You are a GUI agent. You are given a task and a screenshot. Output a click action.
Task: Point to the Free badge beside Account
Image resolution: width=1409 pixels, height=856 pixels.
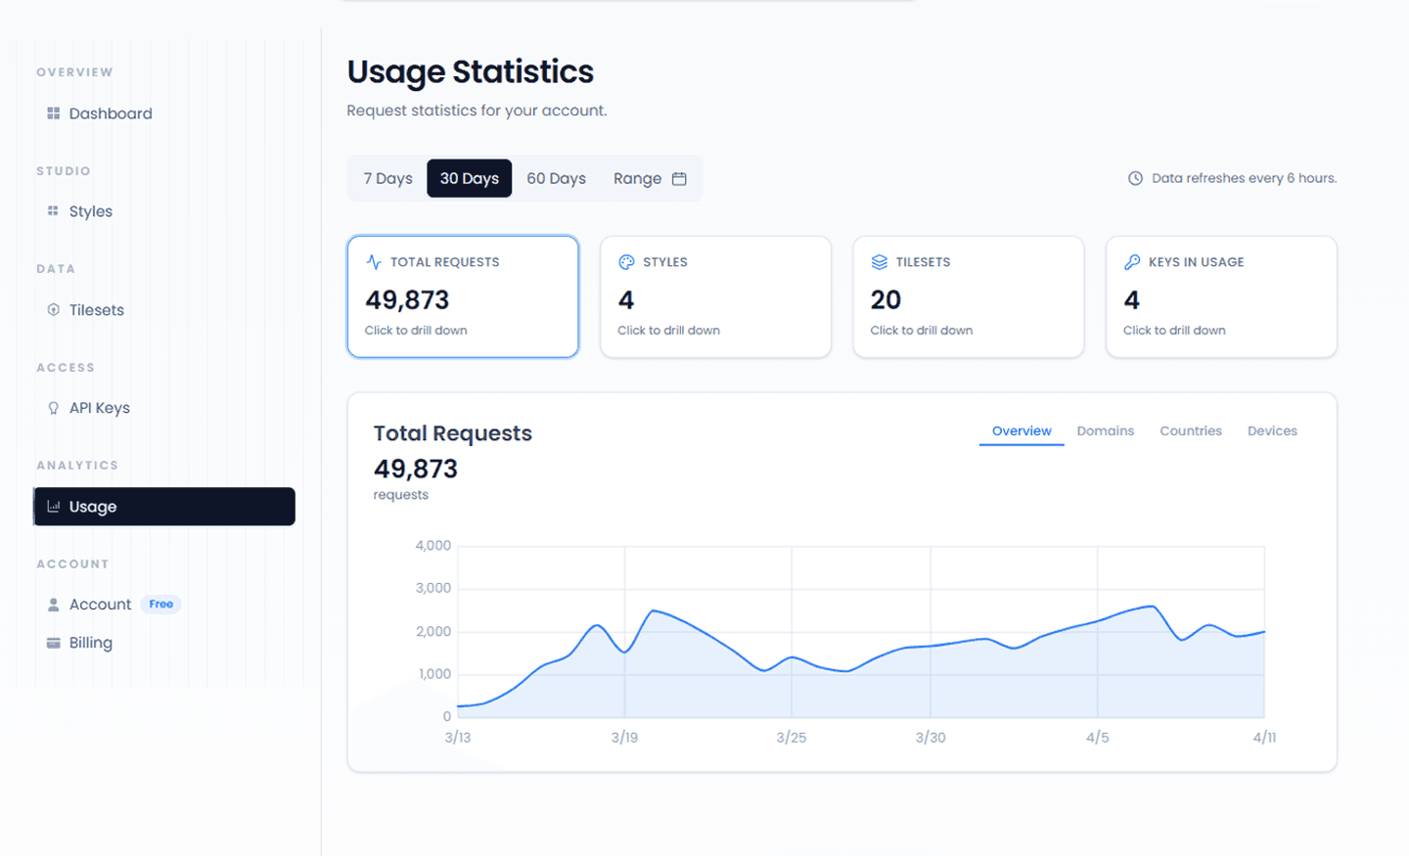161,604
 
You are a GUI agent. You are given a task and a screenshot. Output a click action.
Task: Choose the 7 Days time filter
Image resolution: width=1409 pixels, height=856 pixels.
387,178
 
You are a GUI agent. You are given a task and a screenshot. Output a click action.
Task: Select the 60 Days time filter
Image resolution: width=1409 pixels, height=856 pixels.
556,178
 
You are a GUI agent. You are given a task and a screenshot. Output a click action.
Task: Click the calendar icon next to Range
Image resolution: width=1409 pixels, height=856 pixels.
679,179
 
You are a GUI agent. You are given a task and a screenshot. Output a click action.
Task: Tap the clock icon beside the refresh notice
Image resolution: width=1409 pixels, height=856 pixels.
1135,178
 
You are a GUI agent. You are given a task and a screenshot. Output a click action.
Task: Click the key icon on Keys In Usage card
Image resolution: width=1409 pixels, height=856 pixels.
1132,261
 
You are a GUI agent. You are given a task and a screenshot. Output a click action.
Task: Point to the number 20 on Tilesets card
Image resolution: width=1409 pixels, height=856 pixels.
886,300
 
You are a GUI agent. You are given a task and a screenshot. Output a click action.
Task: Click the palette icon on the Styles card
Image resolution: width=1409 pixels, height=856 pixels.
626,261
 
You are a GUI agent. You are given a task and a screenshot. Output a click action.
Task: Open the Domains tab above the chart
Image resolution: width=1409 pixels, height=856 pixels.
1106,430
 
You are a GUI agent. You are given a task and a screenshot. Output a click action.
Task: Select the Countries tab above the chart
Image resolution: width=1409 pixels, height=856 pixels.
1191,430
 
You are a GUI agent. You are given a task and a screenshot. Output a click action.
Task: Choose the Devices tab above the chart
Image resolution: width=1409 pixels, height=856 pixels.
1272,430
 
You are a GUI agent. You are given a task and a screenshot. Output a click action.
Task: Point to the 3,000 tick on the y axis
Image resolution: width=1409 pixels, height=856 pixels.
433,588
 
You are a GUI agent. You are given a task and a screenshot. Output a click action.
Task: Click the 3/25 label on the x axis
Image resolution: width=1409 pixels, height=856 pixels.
792,737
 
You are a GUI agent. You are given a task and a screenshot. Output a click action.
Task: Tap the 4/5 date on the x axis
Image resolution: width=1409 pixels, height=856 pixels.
1098,737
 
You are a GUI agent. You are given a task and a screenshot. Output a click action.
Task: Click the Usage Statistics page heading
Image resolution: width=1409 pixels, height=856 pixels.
471,71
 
